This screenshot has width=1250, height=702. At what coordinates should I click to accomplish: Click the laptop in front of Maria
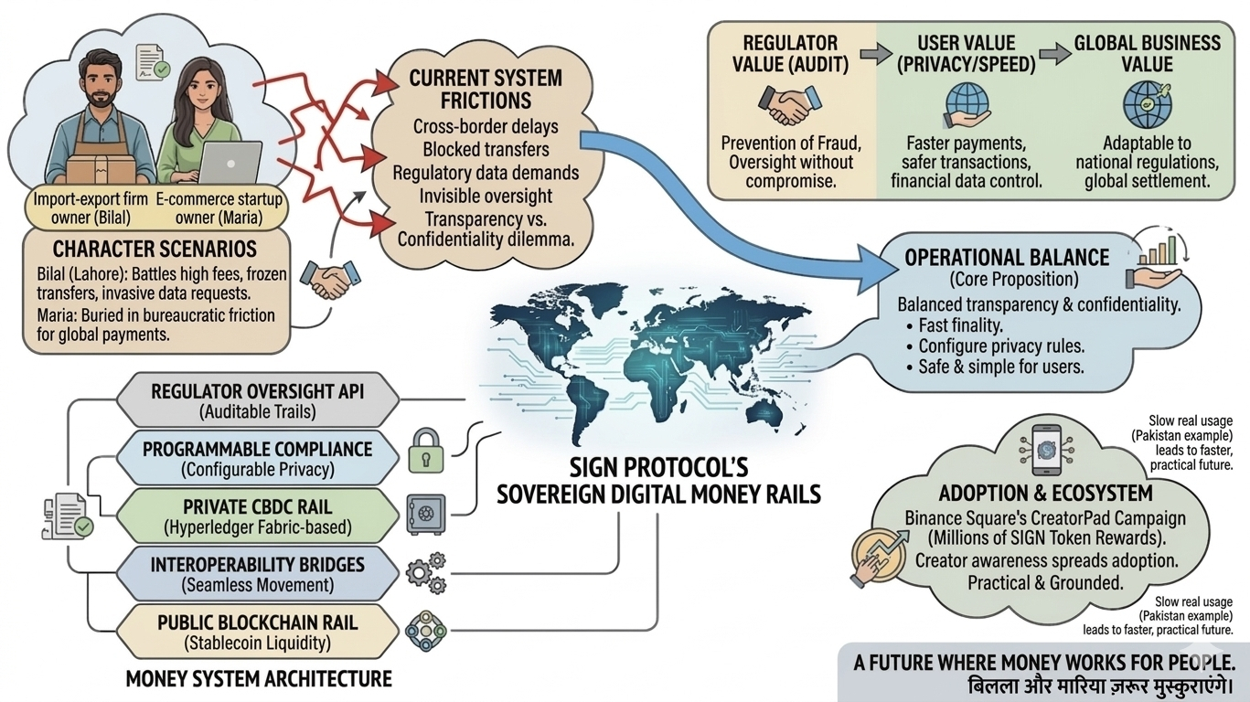228,164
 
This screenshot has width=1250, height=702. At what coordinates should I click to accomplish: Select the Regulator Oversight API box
257,400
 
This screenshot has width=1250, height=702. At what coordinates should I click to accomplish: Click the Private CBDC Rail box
257,516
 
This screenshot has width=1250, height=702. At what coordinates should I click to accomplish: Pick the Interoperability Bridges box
257,574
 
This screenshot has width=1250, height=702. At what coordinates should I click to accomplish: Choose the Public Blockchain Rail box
257,632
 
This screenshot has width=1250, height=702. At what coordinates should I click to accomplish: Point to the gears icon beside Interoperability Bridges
426,573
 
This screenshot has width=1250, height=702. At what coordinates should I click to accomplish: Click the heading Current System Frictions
485,90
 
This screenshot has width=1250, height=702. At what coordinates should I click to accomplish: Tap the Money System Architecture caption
259,679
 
